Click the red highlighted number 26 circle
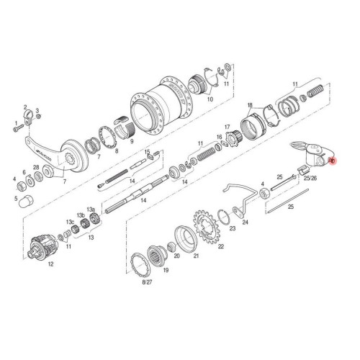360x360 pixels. point(332,162)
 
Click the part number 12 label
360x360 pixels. point(50,264)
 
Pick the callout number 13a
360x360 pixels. point(91,208)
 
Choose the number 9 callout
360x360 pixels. point(132,143)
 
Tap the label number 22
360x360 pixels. point(221,246)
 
